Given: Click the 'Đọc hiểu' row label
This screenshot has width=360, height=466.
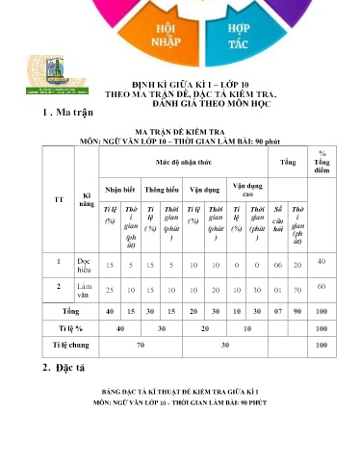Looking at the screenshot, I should point(84,264).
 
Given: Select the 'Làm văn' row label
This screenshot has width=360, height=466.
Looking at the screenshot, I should point(84,289).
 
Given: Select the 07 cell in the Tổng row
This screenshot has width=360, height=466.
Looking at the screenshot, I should point(278,312).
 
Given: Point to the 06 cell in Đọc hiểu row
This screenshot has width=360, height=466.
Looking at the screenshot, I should point(278,264).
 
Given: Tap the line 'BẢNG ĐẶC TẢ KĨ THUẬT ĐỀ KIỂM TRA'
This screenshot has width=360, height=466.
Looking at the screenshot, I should point(181,395).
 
